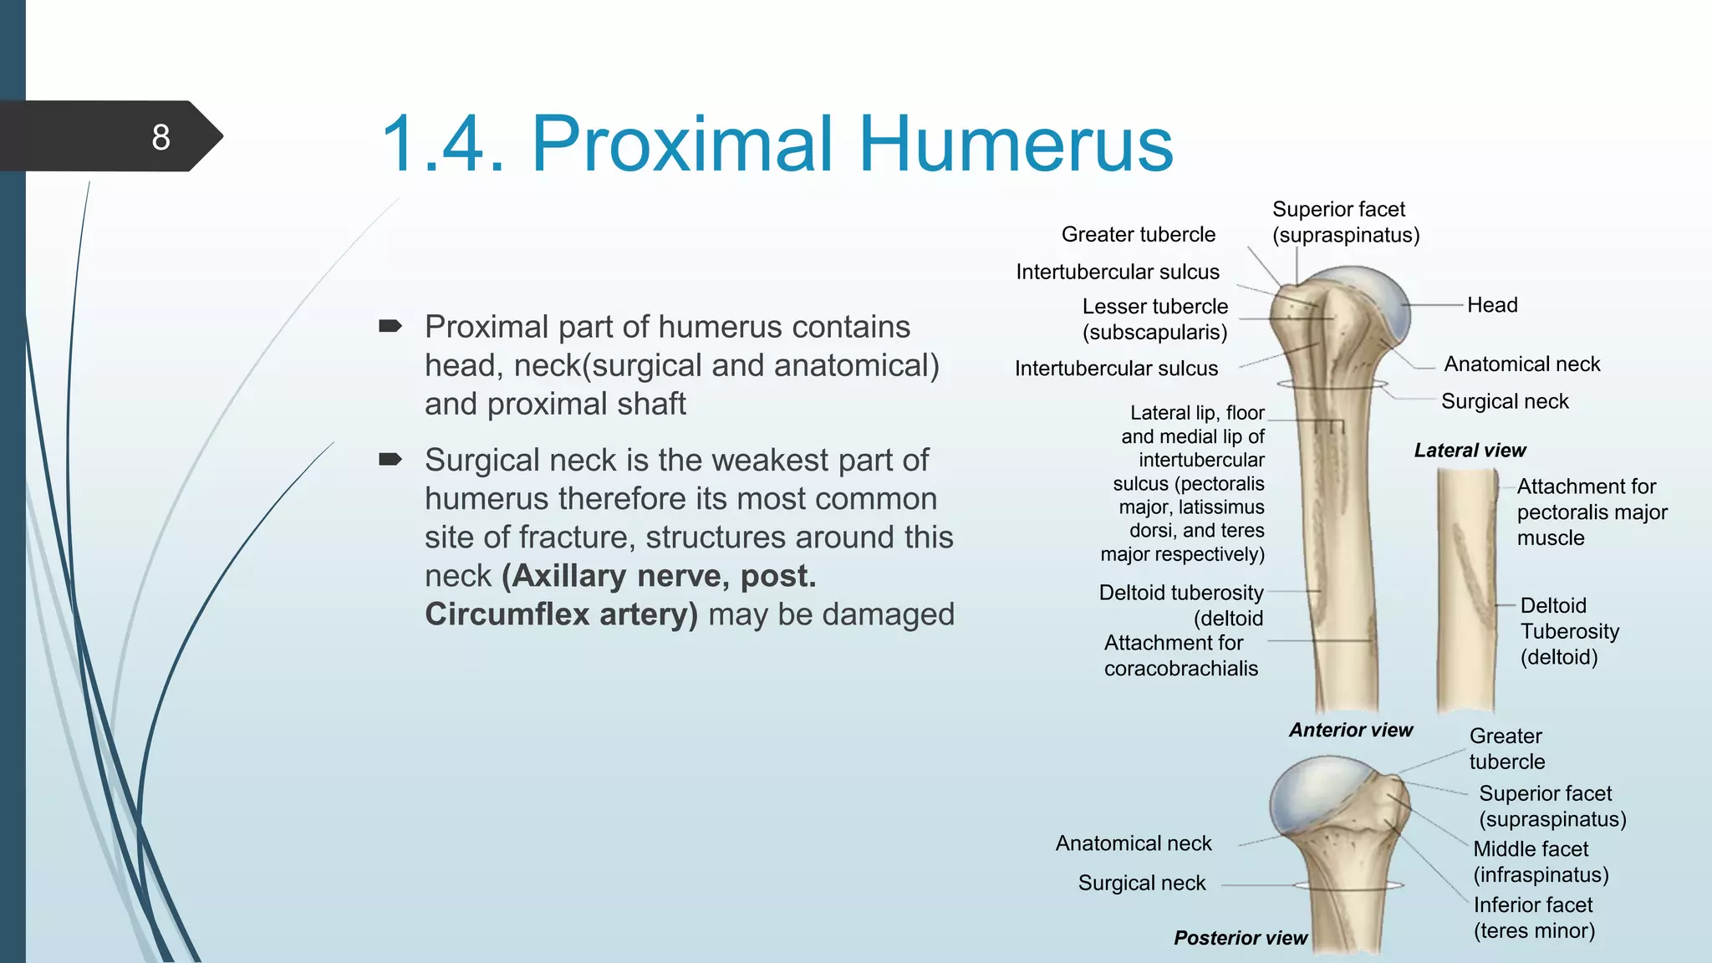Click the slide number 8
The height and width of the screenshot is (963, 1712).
coord(160,137)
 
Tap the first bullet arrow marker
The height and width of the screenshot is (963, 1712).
coord(390,326)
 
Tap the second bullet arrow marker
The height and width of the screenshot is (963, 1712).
coord(390,459)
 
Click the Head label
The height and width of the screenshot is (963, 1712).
coord(1492,305)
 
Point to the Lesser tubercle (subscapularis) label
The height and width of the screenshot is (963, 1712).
coord(1154,319)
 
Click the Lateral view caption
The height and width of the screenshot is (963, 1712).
coord(1470,451)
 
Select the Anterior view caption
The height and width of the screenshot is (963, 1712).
coord(1350,730)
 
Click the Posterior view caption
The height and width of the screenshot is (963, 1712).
coord(1240,938)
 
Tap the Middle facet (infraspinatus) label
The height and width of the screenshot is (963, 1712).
coord(1540,862)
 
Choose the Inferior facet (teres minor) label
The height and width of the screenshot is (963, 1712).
coord(1534,918)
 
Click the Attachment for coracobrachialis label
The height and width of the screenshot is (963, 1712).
coord(1180,655)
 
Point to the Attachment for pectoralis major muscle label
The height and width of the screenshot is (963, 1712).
coord(1591,512)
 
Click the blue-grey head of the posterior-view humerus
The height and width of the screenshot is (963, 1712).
coord(1312,790)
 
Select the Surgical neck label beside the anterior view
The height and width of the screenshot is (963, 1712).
coord(1505,401)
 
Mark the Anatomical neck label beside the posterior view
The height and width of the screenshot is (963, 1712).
coord(1133,843)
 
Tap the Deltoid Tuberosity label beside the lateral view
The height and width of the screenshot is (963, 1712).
coord(1568,631)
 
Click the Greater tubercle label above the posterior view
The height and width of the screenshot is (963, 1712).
coord(1506,749)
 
